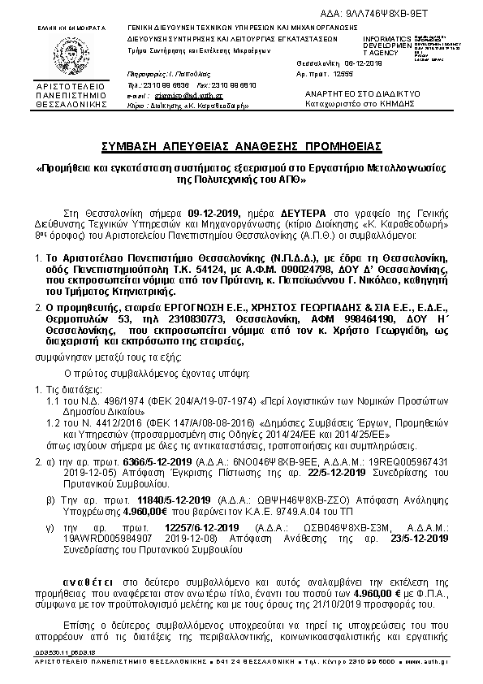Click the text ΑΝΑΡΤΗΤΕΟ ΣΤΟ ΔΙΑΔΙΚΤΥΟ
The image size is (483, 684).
tap(351, 94)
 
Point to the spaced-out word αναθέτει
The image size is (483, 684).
tap(89, 583)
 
